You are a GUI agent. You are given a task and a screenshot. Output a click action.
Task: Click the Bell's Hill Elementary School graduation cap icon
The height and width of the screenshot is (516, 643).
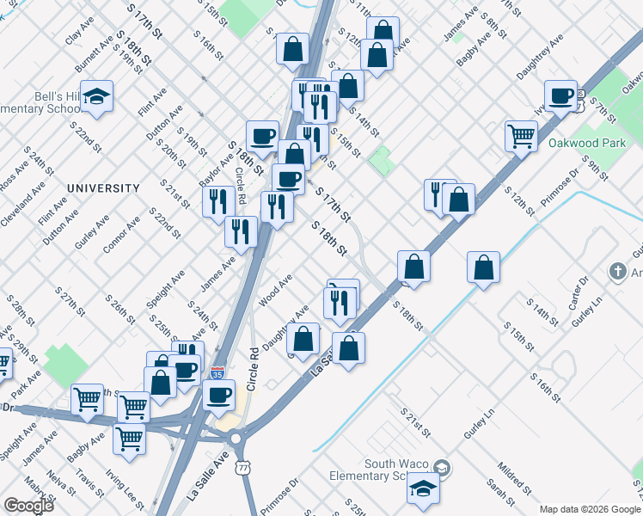coord(98,96)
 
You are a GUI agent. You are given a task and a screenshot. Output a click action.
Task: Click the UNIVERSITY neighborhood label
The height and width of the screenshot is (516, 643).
coord(103,187)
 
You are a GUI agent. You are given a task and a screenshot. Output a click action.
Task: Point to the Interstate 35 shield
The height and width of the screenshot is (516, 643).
coord(217,375)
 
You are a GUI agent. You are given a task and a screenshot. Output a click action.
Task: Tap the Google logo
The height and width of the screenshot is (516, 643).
coord(28,506)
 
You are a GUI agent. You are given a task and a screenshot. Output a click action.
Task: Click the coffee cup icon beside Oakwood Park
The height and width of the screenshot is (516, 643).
coord(561,95)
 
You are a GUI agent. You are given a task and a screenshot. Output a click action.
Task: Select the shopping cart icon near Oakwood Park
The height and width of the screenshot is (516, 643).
coord(521,135)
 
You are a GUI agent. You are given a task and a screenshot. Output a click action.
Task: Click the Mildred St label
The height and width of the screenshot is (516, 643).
coord(511,480)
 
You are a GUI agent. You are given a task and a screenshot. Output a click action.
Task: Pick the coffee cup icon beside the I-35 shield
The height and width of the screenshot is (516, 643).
coord(220,395)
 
